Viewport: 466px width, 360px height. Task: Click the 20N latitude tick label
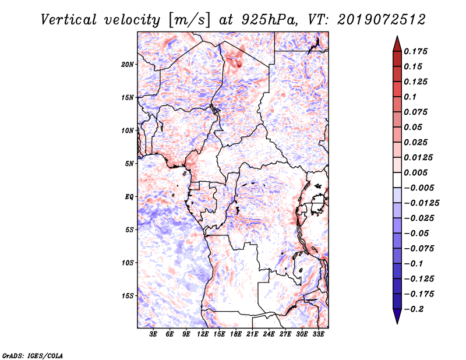click(128, 64)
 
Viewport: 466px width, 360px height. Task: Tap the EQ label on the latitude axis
click(129, 197)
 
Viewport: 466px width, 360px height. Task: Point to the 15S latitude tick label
click(128, 296)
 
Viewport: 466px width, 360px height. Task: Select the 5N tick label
click(129, 164)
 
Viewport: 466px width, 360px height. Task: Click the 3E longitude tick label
click(153, 334)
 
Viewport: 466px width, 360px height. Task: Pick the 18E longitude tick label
click(236, 334)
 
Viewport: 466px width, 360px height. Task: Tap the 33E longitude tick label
click(318, 334)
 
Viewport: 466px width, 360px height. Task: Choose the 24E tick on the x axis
click(269, 334)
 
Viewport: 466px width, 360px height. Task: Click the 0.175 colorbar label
click(415, 51)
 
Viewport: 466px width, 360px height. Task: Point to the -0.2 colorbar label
click(414, 309)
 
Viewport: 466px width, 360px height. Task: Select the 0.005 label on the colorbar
click(415, 172)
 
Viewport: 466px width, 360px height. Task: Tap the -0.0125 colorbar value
click(421, 203)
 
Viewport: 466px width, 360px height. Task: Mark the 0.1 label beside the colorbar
click(410, 97)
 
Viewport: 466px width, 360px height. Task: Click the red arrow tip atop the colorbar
click(397, 36)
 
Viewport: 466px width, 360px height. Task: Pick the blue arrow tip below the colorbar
click(397, 323)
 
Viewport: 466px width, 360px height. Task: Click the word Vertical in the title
click(68, 20)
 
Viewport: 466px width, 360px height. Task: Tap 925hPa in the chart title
click(269, 20)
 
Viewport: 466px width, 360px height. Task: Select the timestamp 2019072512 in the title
click(382, 20)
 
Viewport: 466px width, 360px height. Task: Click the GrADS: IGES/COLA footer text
click(33, 355)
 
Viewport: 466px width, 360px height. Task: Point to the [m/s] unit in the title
click(189, 20)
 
